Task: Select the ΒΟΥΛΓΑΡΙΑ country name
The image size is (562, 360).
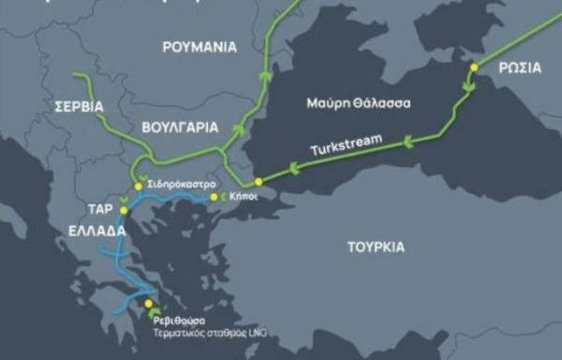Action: coord(177,125)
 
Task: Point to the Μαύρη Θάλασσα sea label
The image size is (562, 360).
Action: coord(359,101)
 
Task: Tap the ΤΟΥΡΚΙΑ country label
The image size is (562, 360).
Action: coord(376,247)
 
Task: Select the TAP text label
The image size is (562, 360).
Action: coord(100,210)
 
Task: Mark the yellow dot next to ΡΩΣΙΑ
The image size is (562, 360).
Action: coord(474,67)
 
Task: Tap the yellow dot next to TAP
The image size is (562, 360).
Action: coord(124,210)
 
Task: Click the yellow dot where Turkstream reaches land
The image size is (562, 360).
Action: coord(259,181)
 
